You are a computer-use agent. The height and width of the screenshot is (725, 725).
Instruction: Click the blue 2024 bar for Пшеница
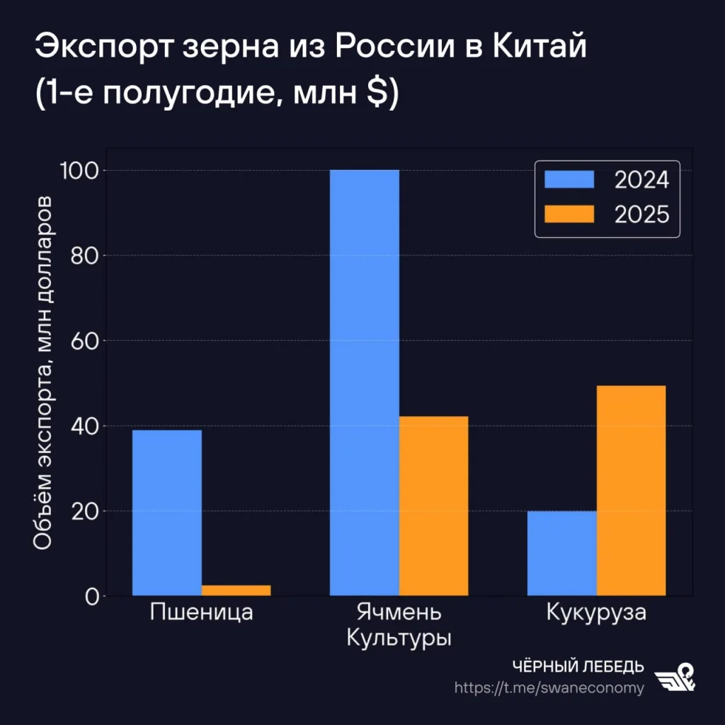[167, 513]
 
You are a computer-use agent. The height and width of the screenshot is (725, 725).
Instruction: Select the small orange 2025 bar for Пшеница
[236, 590]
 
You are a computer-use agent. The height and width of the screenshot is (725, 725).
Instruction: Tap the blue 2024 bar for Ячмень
[365, 382]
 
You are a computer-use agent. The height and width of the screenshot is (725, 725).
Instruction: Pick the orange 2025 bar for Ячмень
[433, 506]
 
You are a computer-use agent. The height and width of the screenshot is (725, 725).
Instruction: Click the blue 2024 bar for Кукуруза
[561, 553]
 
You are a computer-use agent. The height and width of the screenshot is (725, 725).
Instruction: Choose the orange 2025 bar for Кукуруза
[631, 490]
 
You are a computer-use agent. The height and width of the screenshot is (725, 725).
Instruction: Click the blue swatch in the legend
[569, 180]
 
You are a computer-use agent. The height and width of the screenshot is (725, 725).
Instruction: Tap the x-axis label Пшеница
[202, 612]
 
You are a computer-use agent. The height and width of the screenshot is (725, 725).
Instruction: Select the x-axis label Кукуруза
[596, 612]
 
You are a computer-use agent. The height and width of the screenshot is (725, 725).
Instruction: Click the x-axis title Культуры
[399, 637]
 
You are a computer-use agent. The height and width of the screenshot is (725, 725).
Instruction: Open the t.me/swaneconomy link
[549, 687]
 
